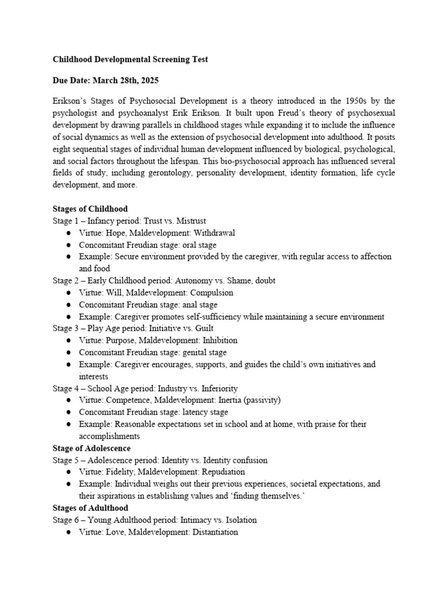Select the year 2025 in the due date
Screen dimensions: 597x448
coord(148,80)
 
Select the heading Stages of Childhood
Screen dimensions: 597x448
coord(90,209)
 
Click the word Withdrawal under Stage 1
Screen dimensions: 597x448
coord(214,233)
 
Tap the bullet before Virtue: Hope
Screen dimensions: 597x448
coord(69,233)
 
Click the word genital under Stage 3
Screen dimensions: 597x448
coord(188,352)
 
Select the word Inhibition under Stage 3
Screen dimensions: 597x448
coord(218,340)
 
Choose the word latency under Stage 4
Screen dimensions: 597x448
coord(189,412)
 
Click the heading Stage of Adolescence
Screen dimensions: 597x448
coord(92,448)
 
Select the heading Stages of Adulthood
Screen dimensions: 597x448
coord(90,508)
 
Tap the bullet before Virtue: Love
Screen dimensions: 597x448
coord(69,533)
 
